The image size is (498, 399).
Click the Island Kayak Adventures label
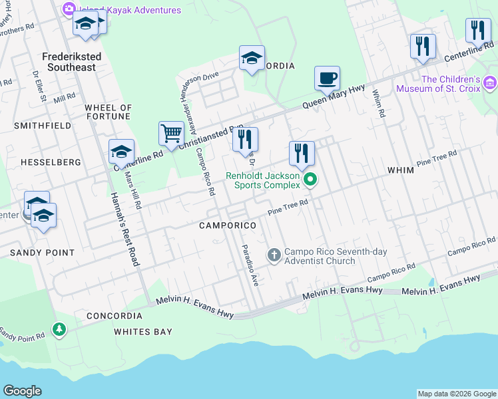pos(130,10)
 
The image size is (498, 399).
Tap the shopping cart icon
pos(171,133)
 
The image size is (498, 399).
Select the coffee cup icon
pos(327,78)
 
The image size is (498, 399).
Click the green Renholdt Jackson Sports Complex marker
pos(310,180)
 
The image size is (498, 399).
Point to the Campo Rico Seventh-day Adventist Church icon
pos(274,255)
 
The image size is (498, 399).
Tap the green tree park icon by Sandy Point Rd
pos(59,329)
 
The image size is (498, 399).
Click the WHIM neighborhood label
pos(401,171)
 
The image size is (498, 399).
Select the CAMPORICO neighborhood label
pos(227,226)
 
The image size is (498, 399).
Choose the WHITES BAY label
pos(142,332)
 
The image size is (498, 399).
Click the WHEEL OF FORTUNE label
pos(109,112)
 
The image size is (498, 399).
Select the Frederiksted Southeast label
pos(73,62)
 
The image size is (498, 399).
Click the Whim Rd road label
pos(379,104)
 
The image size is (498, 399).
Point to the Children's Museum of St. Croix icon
pos(490,83)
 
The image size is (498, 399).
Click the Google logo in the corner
pos(22,391)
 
